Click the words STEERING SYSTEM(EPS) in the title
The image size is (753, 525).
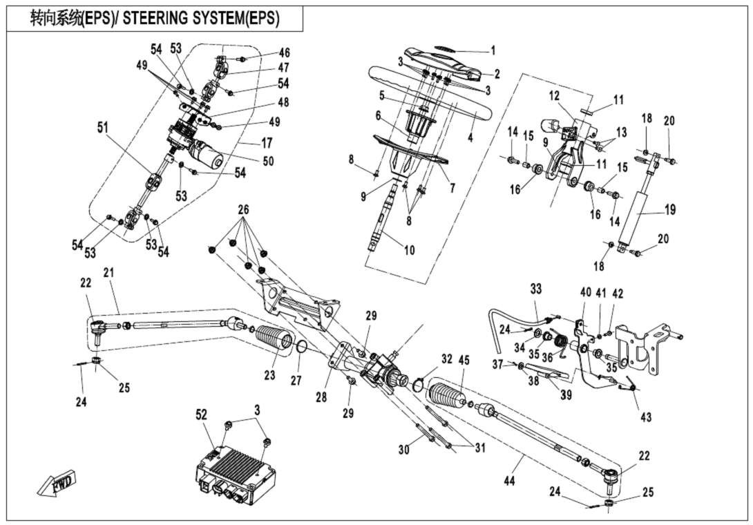(x=201, y=19)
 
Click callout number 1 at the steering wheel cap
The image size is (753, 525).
(x=493, y=50)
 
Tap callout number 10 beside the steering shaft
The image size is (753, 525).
(x=410, y=250)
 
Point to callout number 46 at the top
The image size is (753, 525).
(x=285, y=53)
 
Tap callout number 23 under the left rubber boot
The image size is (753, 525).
(x=269, y=376)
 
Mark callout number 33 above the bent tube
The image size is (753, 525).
(x=537, y=287)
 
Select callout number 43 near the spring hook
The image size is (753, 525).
(x=645, y=417)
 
